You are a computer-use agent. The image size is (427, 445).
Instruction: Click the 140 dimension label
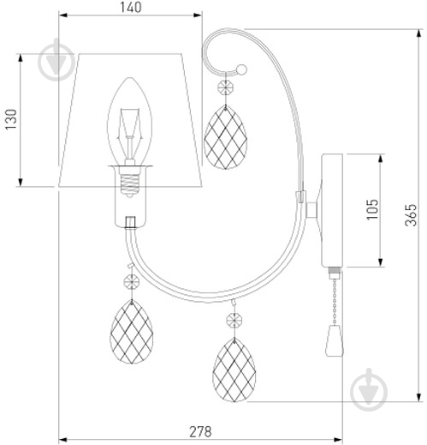130,7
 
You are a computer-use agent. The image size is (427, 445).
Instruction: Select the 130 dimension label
12,119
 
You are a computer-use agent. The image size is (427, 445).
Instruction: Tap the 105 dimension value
372,209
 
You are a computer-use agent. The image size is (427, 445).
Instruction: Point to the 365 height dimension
411,215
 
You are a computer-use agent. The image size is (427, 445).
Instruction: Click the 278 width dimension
200,431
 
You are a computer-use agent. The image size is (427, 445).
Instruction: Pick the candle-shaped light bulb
130,123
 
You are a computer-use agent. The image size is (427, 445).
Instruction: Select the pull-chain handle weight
335,340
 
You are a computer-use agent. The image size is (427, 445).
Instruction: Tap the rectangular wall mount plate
332,211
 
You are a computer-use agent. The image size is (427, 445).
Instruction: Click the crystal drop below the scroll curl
225,137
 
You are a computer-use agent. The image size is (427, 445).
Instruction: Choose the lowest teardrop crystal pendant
234,370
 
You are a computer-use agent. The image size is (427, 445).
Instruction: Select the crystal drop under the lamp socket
132,332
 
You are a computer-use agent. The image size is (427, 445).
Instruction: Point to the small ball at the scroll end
242,69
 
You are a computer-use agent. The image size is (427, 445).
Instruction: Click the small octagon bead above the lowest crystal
234,320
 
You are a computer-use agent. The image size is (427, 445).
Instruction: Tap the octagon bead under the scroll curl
225,87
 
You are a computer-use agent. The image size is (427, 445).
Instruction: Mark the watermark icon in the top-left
56,61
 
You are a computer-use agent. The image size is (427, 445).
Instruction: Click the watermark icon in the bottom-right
369,390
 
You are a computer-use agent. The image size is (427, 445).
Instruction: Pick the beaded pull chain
335,302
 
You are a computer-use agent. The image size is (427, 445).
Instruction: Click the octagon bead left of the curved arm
132,282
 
